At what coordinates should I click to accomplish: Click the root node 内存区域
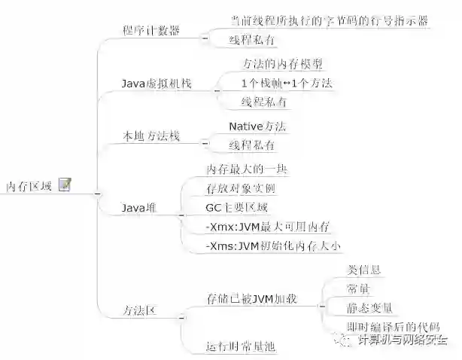(x=29, y=185)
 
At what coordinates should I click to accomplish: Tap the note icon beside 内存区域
(x=65, y=185)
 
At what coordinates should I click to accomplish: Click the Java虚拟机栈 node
(x=157, y=84)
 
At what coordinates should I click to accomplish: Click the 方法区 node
(x=139, y=310)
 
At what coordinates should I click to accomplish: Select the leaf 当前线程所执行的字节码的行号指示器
(x=329, y=21)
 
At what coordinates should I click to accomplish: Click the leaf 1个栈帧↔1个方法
(x=287, y=82)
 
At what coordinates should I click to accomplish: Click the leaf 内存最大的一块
(x=247, y=169)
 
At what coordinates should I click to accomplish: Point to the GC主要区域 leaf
(x=236, y=206)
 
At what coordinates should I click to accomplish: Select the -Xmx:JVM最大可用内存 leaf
(x=268, y=225)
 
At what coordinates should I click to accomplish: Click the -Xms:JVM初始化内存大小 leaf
(x=272, y=245)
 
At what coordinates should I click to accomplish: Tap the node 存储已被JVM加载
(x=251, y=299)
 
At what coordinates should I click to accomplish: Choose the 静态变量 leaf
(x=369, y=307)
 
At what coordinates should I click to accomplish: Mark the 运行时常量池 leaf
(x=242, y=346)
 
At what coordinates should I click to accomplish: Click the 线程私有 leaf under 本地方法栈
(x=251, y=145)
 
